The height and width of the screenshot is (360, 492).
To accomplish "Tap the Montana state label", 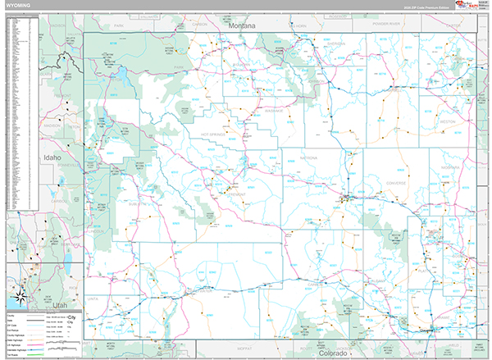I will (243, 26).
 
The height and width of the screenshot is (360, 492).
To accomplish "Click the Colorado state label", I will (333, 353).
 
